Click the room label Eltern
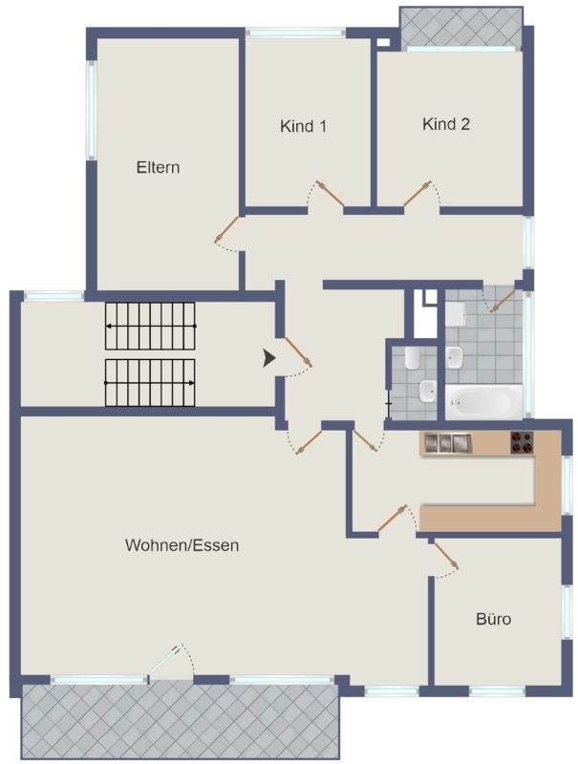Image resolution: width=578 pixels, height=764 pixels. [158, 168]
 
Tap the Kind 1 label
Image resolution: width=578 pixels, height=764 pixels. [303, 127]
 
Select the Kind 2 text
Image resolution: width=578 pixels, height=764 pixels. [446, 124]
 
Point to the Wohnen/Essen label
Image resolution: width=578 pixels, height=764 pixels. [182, 544]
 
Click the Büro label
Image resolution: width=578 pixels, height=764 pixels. [493, 619]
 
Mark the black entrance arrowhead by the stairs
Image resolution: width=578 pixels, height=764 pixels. [269, 358]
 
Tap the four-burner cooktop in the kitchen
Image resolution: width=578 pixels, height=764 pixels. [522, 442]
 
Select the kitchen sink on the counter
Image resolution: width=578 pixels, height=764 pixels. [447, 443]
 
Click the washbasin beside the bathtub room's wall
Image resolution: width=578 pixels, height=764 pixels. [455, 356]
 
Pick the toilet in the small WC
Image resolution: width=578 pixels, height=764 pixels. [413, 358]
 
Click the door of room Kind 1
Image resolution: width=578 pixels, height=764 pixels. [330, 194]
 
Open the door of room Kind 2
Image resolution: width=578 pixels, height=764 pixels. [417, 194]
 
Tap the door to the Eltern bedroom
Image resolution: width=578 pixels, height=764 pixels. [226, 229]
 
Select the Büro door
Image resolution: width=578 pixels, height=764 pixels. [446, 556]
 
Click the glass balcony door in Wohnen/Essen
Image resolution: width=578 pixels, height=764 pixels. [165, 660]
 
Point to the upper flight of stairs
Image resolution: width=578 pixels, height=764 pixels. [150, 326]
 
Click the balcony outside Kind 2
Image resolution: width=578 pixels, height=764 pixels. [461, 27]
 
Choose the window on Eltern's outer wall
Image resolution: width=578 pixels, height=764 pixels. [91, 110]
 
